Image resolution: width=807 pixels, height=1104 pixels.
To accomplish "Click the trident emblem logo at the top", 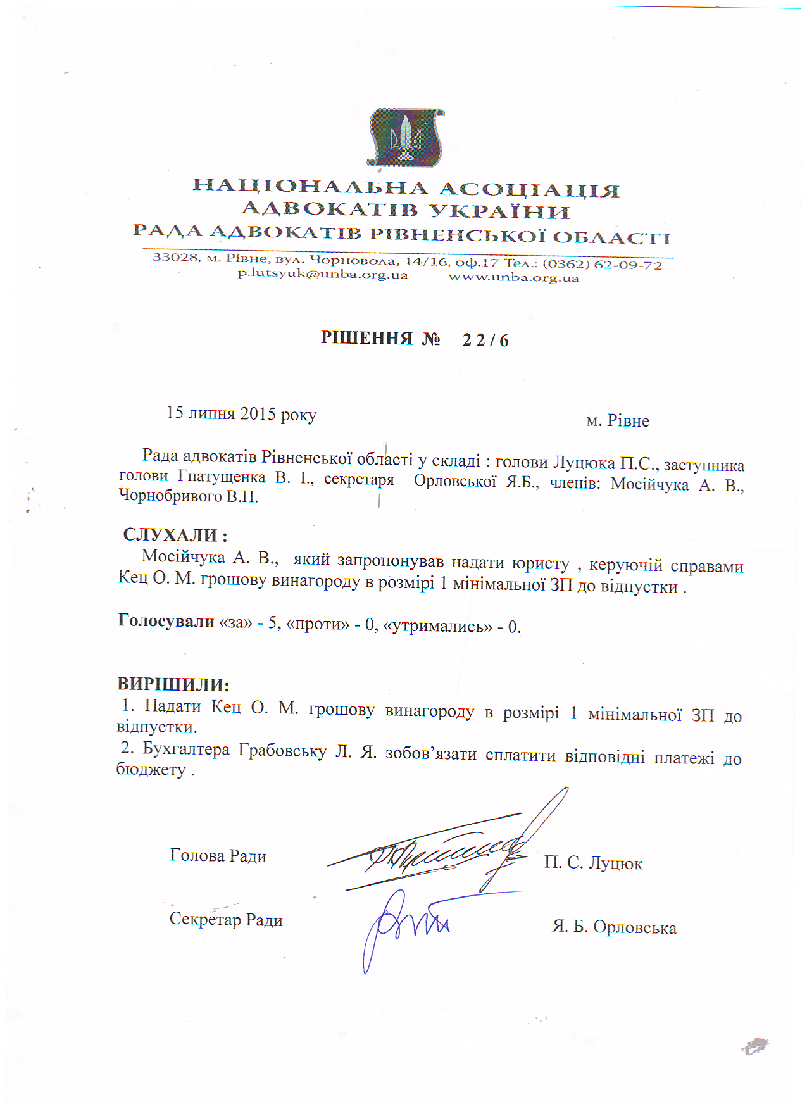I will click(405, 137).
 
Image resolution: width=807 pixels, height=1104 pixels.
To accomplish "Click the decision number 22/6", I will click(485, 341).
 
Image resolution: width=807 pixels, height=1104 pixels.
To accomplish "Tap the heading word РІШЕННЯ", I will click(366, 338).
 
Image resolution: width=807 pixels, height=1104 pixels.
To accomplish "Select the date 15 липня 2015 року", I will click(241, 414).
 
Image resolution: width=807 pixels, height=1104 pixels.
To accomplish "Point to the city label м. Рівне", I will click(618, 421).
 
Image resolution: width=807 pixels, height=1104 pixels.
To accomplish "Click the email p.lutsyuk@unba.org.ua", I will click(323, 275).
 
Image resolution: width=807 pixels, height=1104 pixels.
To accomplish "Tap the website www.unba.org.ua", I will click(513, 277).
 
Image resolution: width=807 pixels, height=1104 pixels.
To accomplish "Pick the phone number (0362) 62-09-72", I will click(602, 264).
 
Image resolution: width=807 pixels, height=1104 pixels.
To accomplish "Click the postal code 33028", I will click(175, 257).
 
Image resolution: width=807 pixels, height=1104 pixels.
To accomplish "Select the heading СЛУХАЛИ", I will click(171, 535).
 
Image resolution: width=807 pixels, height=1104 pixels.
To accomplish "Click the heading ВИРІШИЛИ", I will click(173, 685).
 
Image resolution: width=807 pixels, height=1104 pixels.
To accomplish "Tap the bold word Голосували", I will click(166, 621).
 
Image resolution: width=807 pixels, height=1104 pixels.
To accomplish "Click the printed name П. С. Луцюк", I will click(593, 863).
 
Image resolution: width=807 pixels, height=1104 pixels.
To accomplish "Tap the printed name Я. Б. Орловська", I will click(614, 927).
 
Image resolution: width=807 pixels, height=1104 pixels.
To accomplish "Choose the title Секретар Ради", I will click(226, 920).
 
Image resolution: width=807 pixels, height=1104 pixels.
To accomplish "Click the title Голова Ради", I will click(218, 856).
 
